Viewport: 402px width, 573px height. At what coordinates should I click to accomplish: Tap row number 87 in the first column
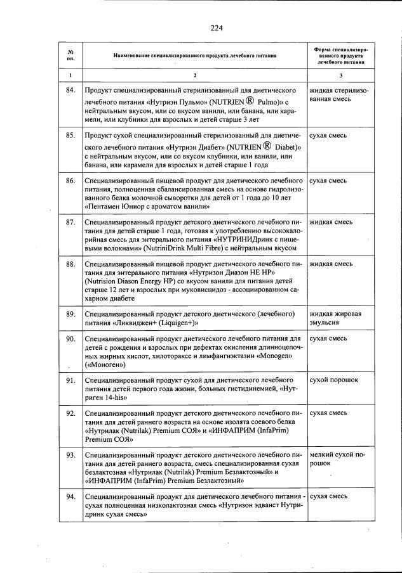pos(70,222)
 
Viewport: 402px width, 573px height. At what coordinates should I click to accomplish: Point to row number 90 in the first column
pos(70,338)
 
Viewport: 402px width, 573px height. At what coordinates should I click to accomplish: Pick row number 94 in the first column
pos(70,496)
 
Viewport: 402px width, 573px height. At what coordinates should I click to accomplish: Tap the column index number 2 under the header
pos(194,76)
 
